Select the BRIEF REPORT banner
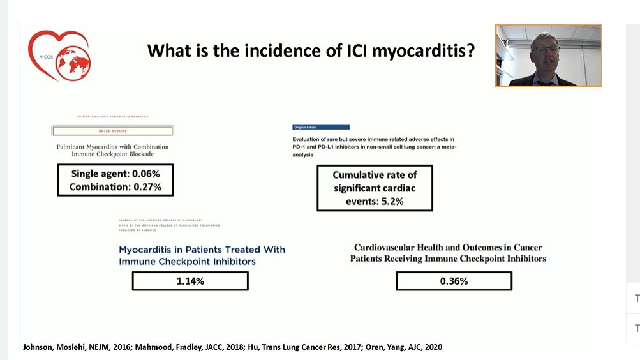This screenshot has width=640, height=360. [112, 131]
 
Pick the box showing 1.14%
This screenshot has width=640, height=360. [190, 281]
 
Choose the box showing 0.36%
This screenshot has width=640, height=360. [454, 281]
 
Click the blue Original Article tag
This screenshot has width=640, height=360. [320, 127]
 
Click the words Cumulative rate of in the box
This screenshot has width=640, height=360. [375, 174]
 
